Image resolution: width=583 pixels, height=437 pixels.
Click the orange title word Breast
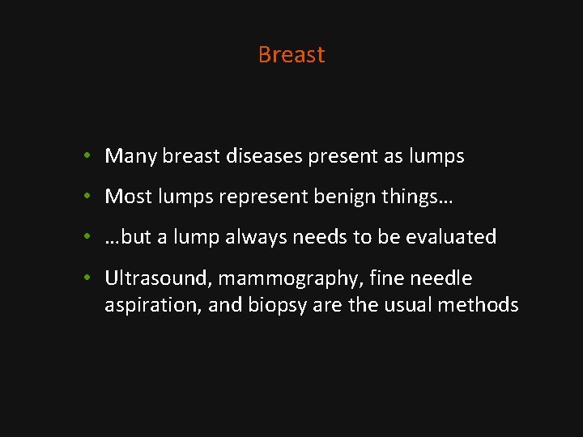click(291, 54)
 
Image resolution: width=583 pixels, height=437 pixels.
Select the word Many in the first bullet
click(130, 155)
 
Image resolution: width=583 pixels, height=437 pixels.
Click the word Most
click(128, 196)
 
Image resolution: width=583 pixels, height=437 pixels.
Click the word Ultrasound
click(158, 278)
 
